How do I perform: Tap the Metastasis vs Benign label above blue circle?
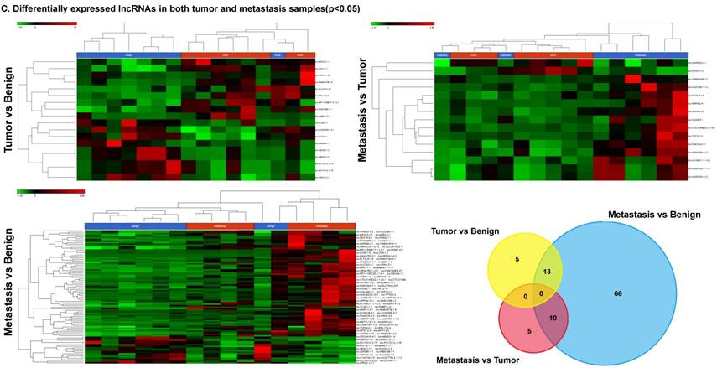pos(654,215)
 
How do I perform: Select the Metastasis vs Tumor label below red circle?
pos(478,360)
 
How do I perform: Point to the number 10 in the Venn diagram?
pos(552,319)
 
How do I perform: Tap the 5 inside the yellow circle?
pos(517,259)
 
